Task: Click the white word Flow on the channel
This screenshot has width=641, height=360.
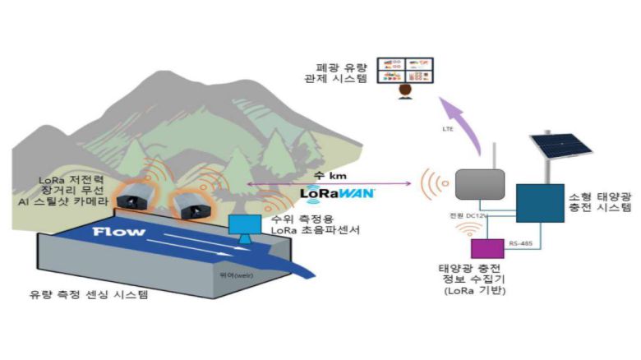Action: [120, 232]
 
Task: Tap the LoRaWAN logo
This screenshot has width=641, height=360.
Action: [338, 194]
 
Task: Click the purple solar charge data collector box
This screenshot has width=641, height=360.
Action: [487, 246]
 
